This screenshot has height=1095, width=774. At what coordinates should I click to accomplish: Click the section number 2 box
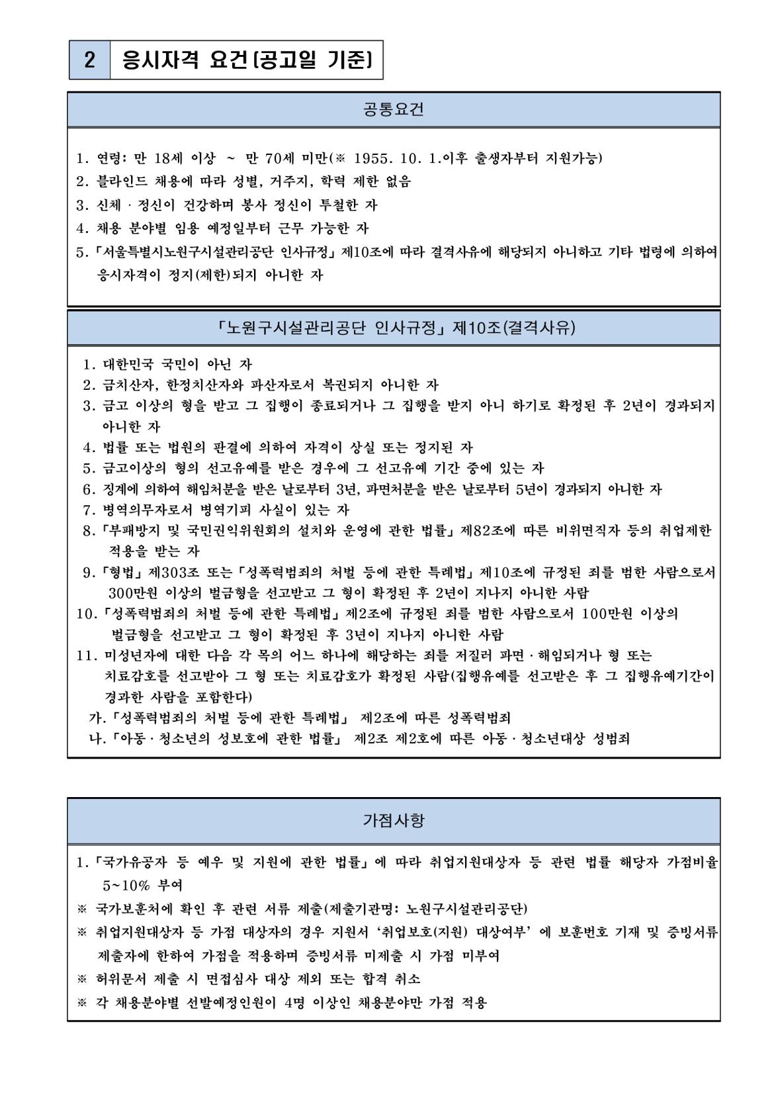click(x=89, y=61)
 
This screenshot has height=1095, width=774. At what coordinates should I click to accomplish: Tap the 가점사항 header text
click(x=394, y=821)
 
